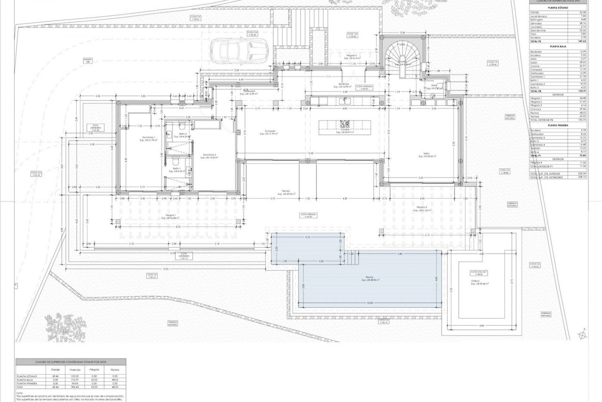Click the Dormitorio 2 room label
click(209, 156)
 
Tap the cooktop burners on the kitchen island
click(345, 123)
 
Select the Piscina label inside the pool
click(369, 278)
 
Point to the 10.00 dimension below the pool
click(370, 303)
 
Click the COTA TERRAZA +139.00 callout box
click(309, 215)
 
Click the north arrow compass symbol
click(582, 335)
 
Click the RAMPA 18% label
click(87, 61)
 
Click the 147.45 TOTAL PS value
click(582, 41)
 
